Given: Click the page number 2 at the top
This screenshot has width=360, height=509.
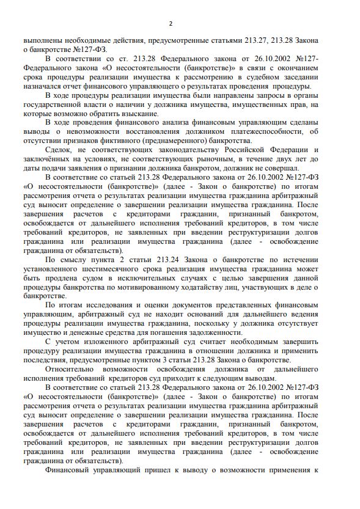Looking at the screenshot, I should click(x=171, y=23).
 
